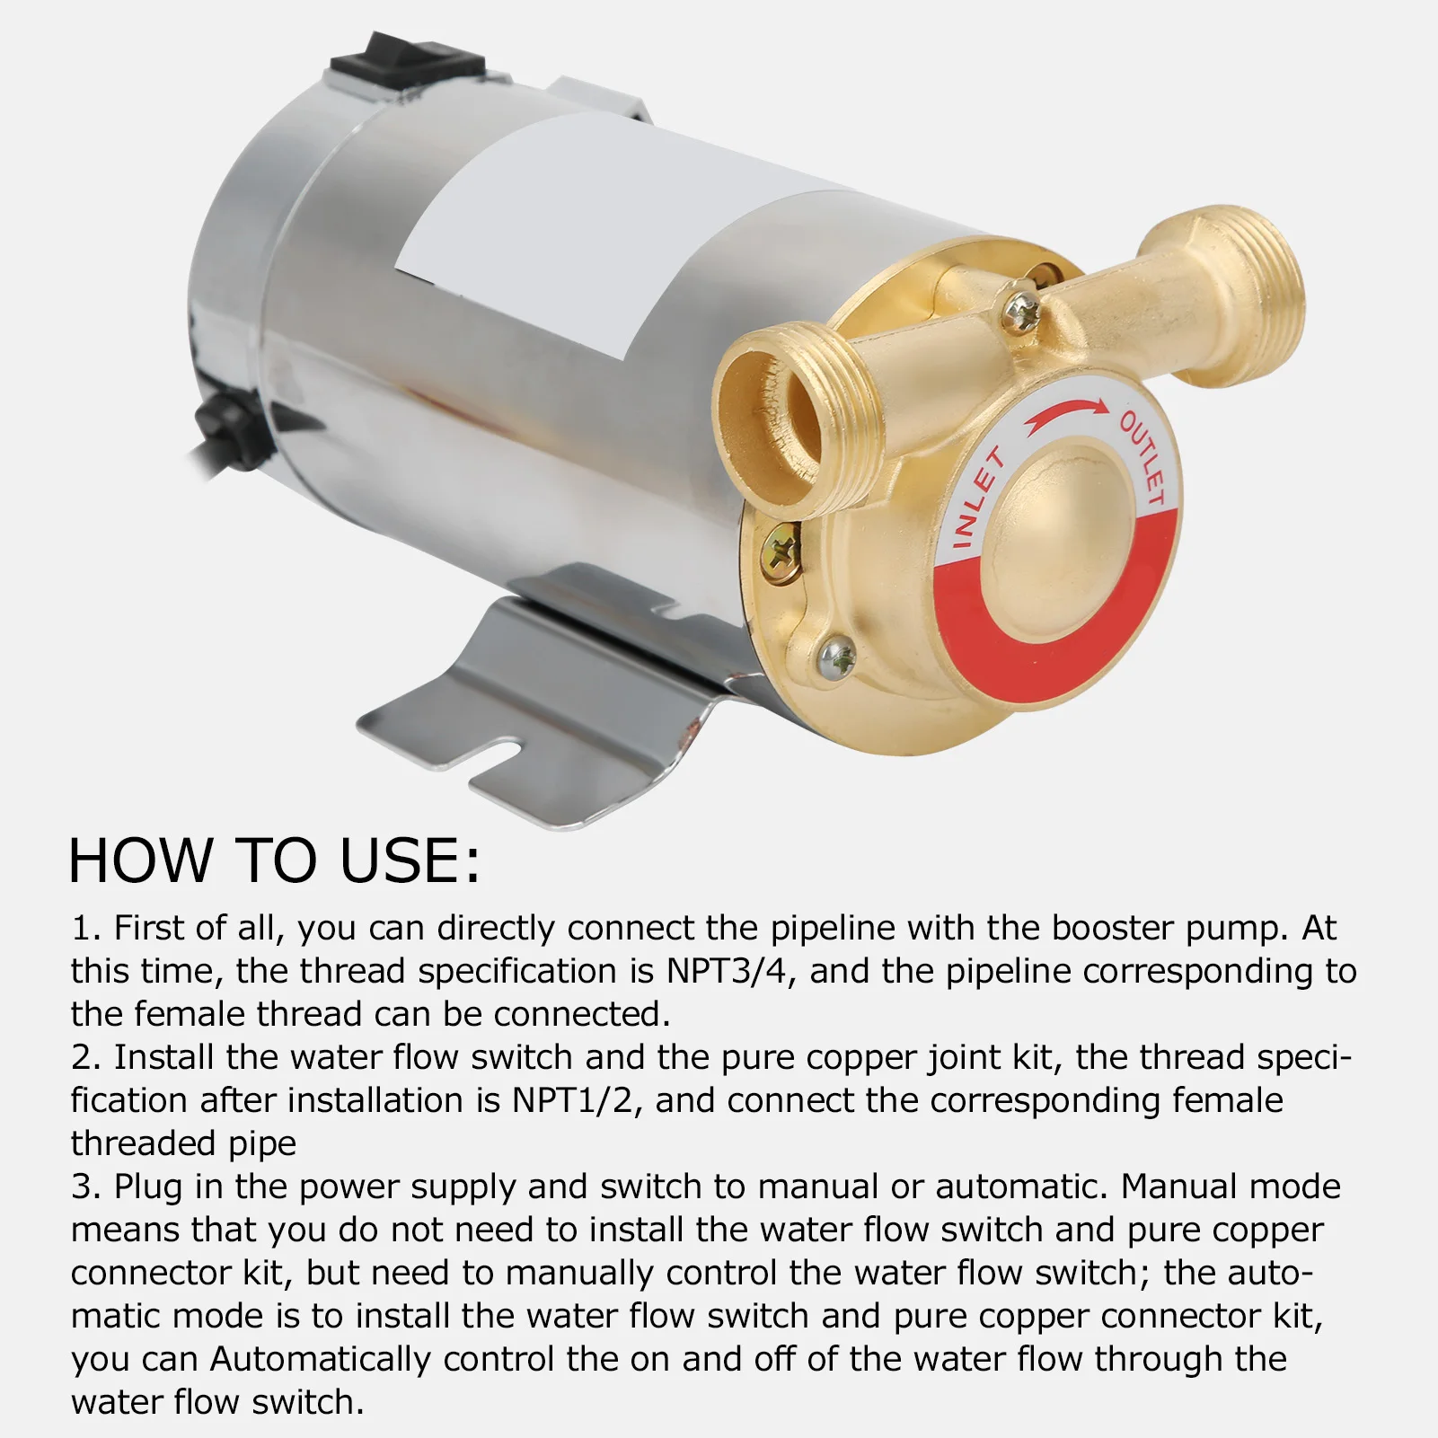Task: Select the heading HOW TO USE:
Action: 274,860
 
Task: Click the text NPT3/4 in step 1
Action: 730,971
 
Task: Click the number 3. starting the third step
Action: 87,1187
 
